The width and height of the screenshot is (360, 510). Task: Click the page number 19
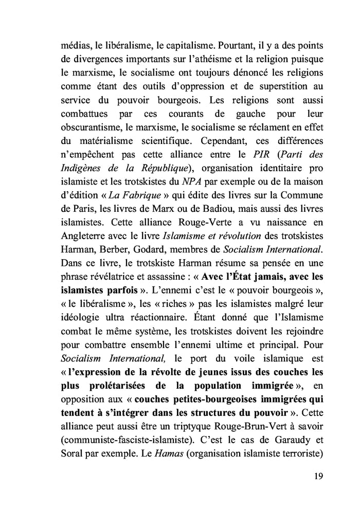[x=318, y=475]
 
